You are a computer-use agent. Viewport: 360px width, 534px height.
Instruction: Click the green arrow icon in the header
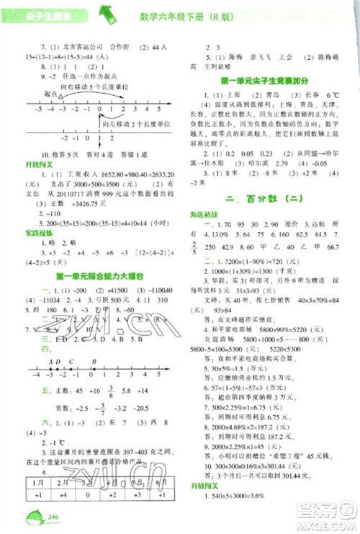click(x=108, y=12)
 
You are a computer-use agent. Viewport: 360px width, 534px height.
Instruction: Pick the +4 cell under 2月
click(x=62, y=497)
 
